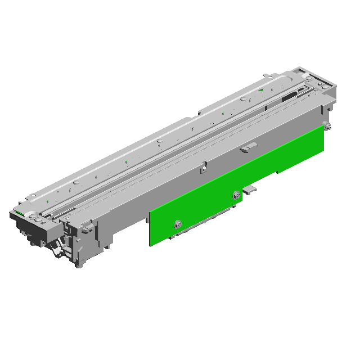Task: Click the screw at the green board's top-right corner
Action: point(326,127)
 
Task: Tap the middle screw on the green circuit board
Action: point(235,196)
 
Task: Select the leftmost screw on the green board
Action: point(178,223)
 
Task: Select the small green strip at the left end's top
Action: point(18,213)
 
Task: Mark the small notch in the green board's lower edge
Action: point(276,172)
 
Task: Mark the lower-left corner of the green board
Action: point(150,244)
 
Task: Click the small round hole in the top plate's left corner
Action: point(33,196)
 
